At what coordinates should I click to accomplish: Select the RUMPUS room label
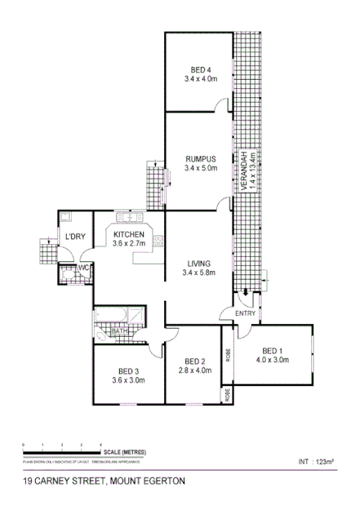pos(200,158)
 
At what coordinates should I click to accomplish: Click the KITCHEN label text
pos(129,233)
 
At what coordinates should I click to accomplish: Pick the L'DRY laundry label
pos(74,237)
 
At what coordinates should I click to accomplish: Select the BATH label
pos(119,332)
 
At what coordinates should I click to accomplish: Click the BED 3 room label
pos(128,368)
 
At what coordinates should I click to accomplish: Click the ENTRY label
pos(245,313)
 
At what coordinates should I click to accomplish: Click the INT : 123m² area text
pos(317,462)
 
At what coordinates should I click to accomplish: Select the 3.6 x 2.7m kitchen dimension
pos(129,243)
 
